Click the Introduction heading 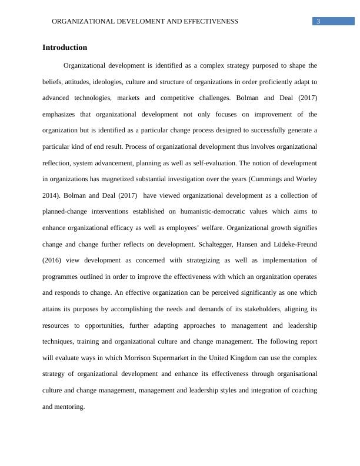[65, 48]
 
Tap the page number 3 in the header [318, 21]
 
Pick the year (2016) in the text [52, 260]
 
